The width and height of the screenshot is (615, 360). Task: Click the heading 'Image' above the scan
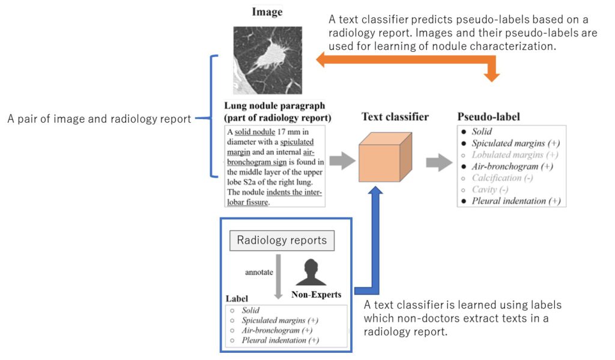pos(267,11)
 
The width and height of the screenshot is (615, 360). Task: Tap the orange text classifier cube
pos(385,157)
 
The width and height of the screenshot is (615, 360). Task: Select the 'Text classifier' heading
pos(395,117)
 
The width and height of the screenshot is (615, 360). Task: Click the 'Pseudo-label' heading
pos(488,117)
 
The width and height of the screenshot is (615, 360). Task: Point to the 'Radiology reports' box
pos(282,240)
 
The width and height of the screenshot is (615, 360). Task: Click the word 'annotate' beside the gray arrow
pos(259,272)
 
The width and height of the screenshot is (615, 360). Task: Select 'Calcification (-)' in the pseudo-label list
pos(502,178)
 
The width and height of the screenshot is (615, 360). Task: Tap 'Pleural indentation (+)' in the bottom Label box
pos(280,340)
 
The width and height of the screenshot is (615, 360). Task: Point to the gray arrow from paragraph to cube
pos(342,161)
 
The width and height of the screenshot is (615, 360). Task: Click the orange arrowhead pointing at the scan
pos(324,59)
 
